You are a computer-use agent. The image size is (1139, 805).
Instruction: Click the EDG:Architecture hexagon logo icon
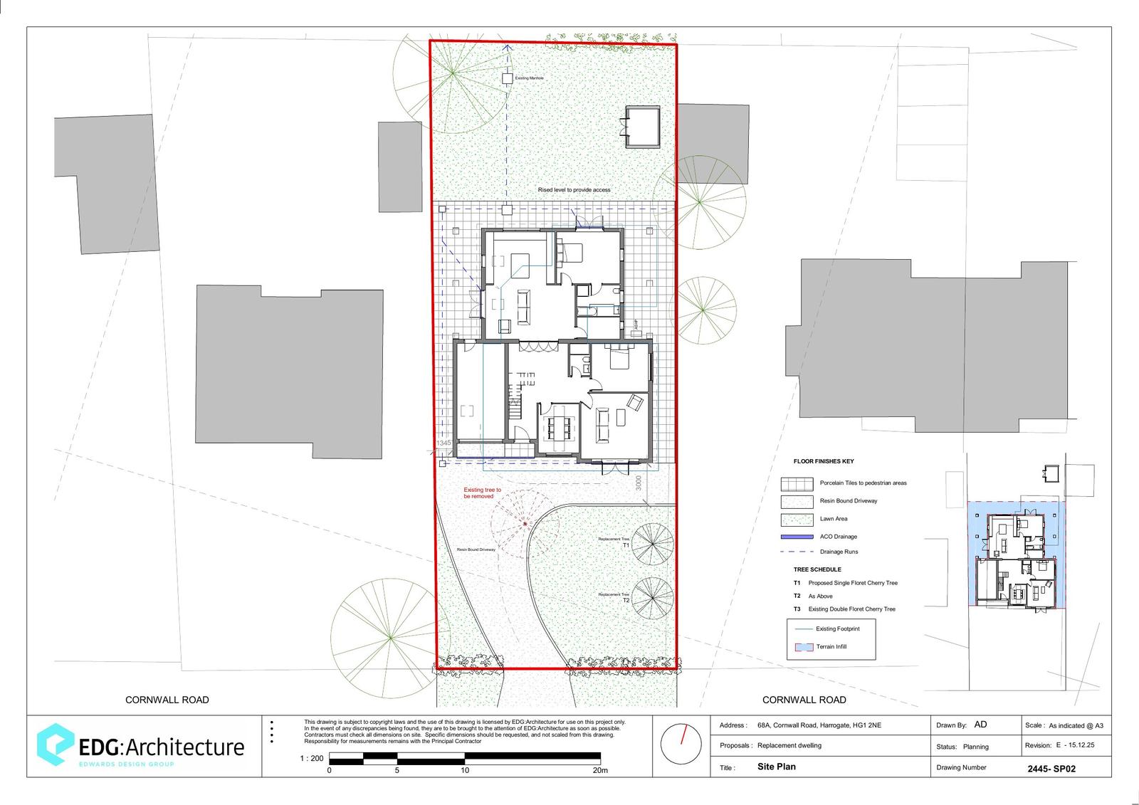pos(55,745)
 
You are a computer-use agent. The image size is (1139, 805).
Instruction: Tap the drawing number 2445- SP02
pos(1051,769)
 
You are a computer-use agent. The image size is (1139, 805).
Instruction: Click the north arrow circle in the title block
pos(681,745)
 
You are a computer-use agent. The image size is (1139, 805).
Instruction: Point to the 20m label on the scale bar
pos(600,770)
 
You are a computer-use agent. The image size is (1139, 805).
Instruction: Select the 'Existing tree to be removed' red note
pos(483,493)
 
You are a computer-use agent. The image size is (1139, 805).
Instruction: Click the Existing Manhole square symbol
pos(507,78)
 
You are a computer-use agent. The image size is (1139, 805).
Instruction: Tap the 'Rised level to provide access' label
pos(574,190)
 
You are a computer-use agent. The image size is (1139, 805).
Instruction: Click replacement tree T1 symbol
pos(652,544)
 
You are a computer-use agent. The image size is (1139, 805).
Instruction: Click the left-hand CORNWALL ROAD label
pos(167,700)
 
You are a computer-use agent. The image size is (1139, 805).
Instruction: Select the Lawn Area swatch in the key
pos(797,519)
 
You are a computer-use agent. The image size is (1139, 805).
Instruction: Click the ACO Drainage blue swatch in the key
pos(797,537)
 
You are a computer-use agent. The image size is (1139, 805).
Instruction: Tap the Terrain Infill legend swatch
pos(803,647)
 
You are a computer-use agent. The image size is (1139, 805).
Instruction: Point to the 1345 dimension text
pos(443,443)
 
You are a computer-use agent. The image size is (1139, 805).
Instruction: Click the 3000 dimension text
pos(639,483)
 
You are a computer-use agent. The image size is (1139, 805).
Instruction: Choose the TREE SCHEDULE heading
pos(817,569)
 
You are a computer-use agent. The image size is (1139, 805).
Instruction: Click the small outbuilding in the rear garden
pos(642,127)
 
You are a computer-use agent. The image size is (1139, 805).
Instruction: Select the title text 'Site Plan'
pos(777,767)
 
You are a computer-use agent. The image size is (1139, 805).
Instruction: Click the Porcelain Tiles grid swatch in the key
pos(797,483)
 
